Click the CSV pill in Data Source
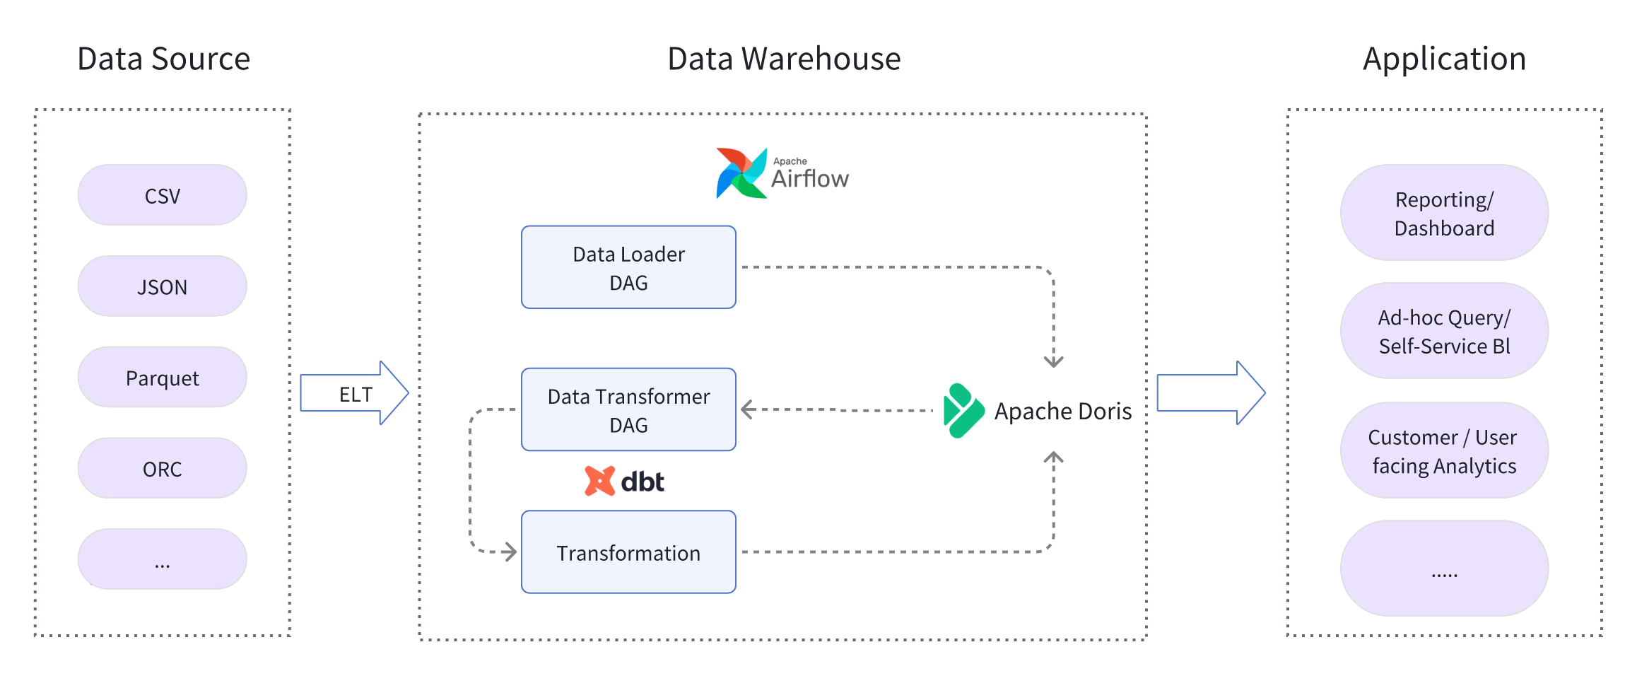click(x=162, y=195)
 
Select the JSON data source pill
click(x=162, y=286)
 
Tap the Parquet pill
click(x=162, y=378)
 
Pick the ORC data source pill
click(x=162, y=468)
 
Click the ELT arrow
click(x=354, y=393)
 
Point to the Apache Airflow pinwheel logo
click(x=741, y=173)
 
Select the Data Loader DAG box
click(x=628, y=267)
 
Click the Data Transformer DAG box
click(x=628, y=409)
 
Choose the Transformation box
click(x=628, y=552)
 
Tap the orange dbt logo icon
click(x=599, y=481)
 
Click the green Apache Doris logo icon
click(x=963, y=411)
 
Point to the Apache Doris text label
click(x=1062, y=411)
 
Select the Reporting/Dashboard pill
click(x=1444, y=213)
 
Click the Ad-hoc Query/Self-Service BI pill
click(x=1444, y=331)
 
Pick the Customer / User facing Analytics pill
click(x=1444, y=450)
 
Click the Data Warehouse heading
click(x=784, y=59)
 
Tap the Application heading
click(x=1444, y=59)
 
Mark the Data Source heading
click(x=163, y=59)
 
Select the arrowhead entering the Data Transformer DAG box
click(x=747, y=409)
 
